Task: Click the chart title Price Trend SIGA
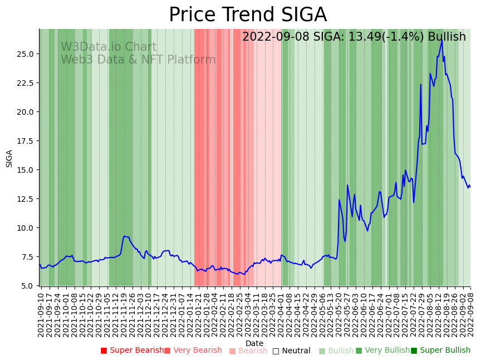pos(248,15)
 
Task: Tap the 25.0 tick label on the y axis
pos(26,54)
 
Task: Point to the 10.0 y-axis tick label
pos(26,228)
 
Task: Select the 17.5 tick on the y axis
pos(26,141)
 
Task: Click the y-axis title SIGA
pos(9,158)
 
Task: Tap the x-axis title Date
pos(254,343)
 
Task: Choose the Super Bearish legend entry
pos(132,351)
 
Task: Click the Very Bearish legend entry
pos(193,351)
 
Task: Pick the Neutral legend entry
pos(291,351)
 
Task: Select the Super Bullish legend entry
pos(440,351)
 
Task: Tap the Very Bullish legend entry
pos(382,351)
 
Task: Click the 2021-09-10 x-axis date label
pos(41,314)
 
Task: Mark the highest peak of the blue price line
pos(442,40)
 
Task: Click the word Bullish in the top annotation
pos(446,37)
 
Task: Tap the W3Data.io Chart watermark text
pos(109,47)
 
